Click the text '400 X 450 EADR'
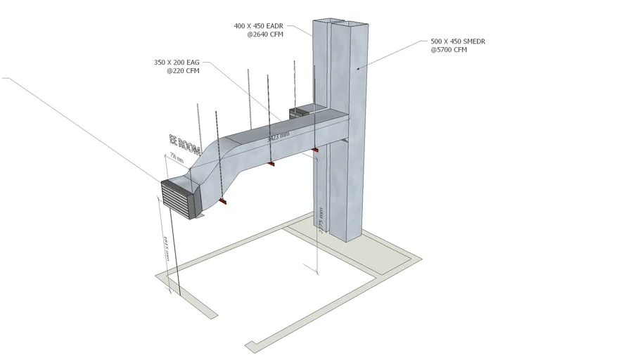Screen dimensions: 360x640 [x=259, y=26]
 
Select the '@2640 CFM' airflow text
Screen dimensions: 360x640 [x=264, y=35]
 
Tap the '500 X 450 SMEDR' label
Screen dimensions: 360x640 [x=458, y=41]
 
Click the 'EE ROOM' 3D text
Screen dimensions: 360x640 [x=185, y=143]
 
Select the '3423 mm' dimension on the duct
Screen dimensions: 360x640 [x=278, y=137]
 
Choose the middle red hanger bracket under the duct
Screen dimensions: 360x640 [x=270, y=164]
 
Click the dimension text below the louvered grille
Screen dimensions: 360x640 [x=166, y=247]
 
